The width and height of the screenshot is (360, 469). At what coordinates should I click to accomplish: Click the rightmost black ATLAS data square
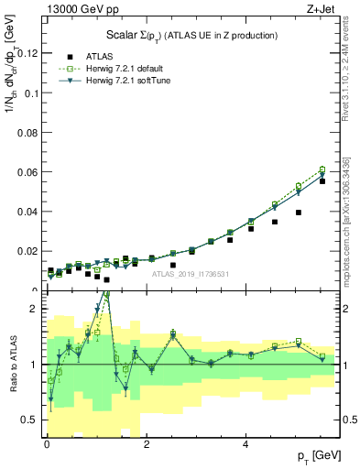click(322, 181)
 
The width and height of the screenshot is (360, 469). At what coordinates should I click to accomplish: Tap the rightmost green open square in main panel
click(322, 169)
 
